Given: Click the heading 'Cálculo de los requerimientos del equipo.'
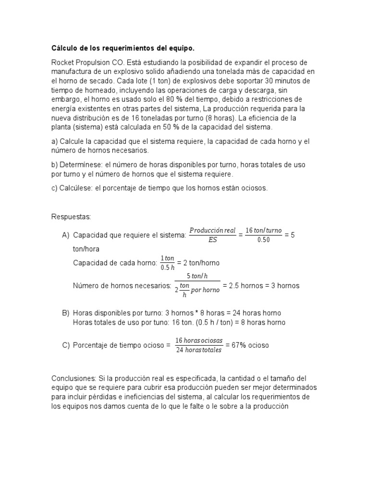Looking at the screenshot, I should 123,48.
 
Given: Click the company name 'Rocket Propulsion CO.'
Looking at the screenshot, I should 83,63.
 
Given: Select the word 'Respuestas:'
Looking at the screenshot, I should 71,217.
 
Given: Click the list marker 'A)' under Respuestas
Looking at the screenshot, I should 65,235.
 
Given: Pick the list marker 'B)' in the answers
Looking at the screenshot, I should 65,313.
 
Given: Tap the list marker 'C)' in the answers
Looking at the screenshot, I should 65,345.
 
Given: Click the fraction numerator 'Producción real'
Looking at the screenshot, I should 212,230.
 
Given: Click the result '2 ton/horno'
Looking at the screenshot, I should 200,263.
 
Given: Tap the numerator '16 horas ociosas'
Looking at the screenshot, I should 198,340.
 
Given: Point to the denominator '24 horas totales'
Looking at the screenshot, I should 198,351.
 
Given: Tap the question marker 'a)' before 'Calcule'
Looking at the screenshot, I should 54,141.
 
